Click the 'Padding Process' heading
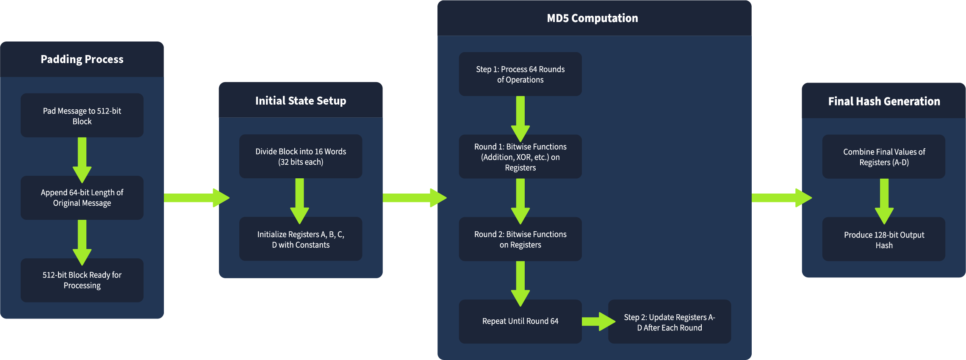click(82, 59)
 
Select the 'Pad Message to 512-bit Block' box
click(82, 116)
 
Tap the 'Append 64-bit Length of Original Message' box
click(82, 198)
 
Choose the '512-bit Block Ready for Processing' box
click(82, 280)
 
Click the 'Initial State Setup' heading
click(301, 101)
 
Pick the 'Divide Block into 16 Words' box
click(301, 157)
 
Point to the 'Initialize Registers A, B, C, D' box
click(301, 239)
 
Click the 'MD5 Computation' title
click(592, 18)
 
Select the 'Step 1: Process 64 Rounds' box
click(520, 74)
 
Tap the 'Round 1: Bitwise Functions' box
click(520, 157)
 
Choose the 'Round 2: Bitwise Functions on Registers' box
click(520, 239)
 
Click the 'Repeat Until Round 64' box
click(520, 321)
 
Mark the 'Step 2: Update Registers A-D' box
click(669, 322)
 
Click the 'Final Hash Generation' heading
click(884, 102)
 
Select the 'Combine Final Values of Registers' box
click(884, 157)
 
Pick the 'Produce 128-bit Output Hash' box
click(884, 240)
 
